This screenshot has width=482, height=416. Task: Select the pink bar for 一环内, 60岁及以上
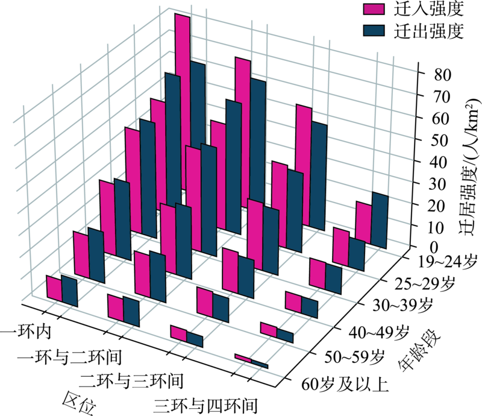(54, 288)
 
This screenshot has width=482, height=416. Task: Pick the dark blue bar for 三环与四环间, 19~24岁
(380, 219)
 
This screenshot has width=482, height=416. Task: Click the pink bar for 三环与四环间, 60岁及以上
(243, 358)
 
